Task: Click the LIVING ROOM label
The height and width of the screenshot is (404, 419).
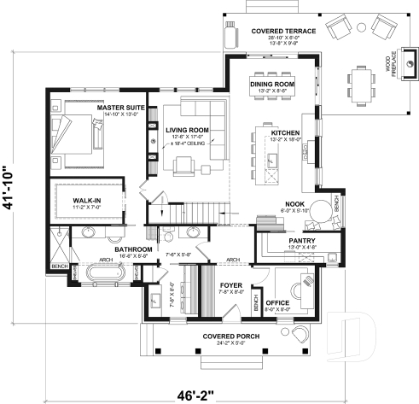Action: pyautogui.click(x=187, y=131)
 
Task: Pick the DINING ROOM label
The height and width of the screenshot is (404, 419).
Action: pyautogui.click(x=272, y=84)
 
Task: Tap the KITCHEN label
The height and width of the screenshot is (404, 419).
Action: pyautogui.click(x=285, y=133)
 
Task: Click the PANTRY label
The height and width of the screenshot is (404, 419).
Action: pyautogui.click(x=302, y=241)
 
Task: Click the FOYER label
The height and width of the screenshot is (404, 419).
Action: pyautogui.click(x=231, y=284)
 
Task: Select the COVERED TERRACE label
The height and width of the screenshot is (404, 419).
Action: pyautogui.click(x=283, y=31)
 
